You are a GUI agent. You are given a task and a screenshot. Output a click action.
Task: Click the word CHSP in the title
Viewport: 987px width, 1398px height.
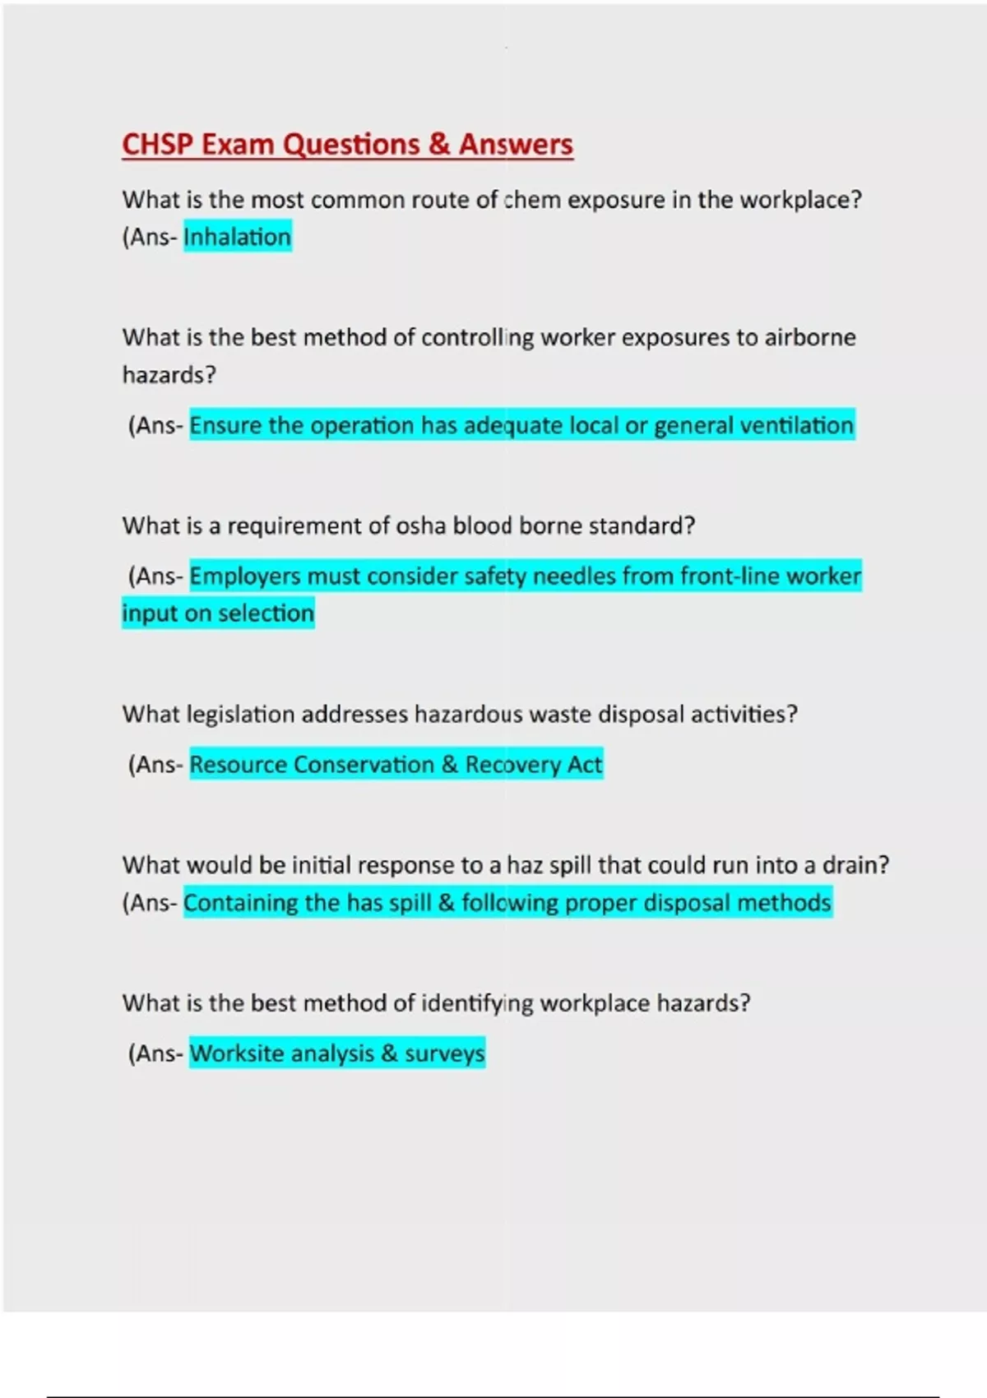158,145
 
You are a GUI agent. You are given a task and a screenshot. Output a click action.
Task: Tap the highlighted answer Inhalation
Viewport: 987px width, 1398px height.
237,237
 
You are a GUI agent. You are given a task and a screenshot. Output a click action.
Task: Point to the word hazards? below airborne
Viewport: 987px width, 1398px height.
169,375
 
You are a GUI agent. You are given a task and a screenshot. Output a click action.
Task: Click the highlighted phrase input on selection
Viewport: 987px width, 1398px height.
218,613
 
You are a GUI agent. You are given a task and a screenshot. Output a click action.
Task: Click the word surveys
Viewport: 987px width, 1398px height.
444,1053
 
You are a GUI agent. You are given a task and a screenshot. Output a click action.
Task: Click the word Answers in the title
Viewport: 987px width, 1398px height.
516,145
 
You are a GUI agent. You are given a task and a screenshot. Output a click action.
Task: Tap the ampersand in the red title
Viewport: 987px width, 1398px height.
439,145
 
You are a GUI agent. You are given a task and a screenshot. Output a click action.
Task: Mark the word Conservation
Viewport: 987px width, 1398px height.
364,765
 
